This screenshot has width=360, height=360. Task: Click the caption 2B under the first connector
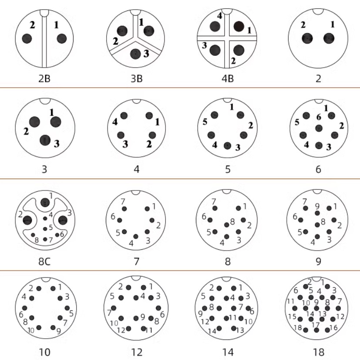coord(44,79)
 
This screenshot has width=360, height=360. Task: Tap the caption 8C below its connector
coord(44,262)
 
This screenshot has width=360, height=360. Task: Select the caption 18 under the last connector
coord(319,352)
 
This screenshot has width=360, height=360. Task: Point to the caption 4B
coord(228,79)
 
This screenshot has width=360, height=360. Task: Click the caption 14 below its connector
coord(228,352)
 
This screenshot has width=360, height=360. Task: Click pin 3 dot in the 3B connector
coord(135,54)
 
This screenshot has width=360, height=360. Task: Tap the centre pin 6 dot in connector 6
coord(319,128)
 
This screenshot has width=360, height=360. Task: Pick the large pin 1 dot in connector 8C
coord(45,203)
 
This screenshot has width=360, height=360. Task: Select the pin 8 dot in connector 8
coord(227,225)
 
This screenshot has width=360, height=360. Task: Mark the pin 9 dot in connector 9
coord(317,213)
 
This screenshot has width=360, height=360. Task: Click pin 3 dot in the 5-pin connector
coord(227,146)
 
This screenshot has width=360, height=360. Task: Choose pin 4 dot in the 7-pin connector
coord(136,236)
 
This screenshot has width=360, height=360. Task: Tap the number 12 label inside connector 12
coord(121,330)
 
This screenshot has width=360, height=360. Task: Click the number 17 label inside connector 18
coord(316,325)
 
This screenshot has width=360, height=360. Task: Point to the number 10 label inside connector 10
coord(31,330)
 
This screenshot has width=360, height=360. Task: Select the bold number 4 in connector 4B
coord(220,16)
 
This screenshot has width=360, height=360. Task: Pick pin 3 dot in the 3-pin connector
coord(45,140)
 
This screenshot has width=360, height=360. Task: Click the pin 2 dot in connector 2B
coord(27,38)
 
